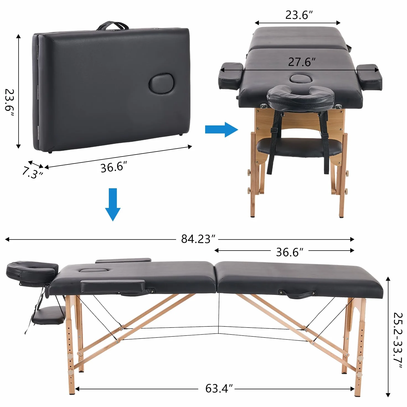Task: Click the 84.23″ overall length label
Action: coord(198,239)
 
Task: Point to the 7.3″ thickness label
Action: coord(33,172)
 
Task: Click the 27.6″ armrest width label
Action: coord(302,62)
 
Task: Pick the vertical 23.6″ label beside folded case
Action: coord(9,103)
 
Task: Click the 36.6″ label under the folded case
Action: coord(114,167)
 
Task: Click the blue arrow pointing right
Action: coord(221,130)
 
